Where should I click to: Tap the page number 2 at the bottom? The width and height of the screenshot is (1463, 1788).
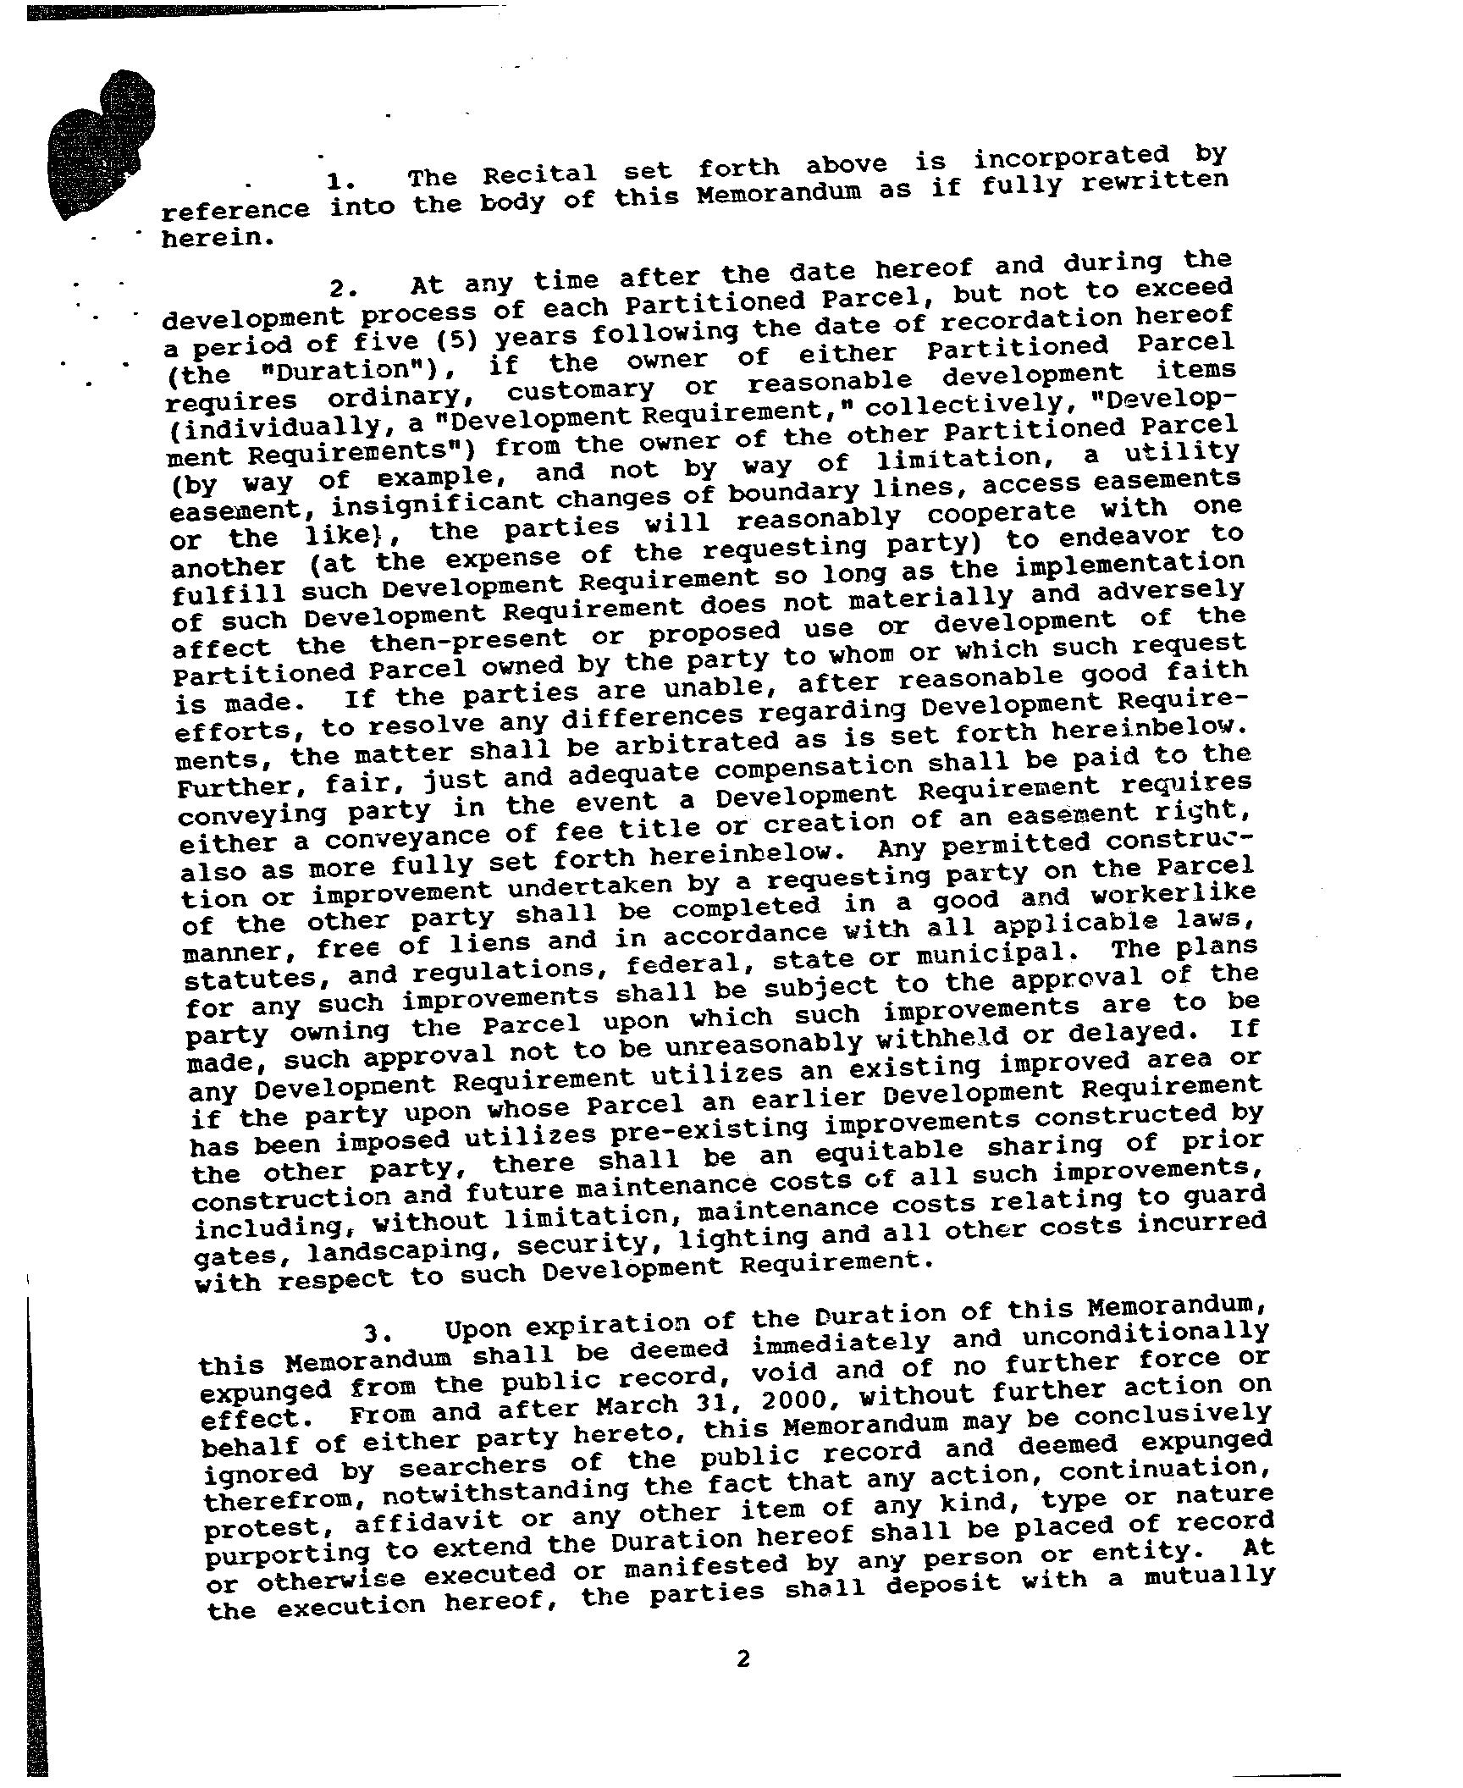tap(743, 1658)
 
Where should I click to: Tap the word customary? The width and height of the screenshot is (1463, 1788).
tap(580, 391)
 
